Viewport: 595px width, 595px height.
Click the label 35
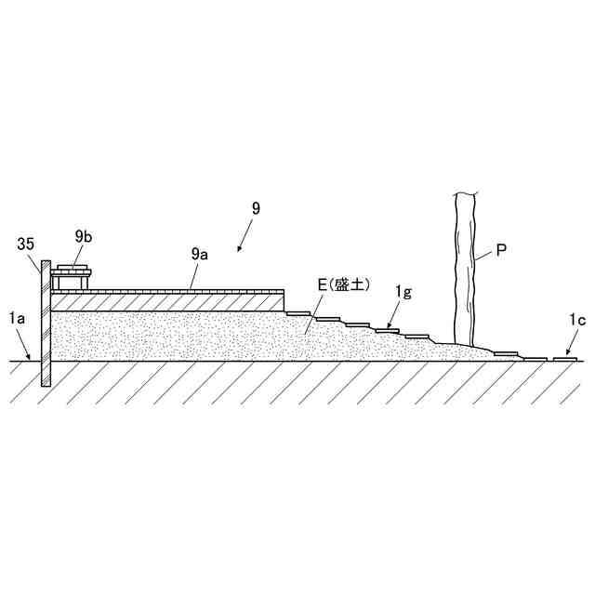click(x=26, y=245)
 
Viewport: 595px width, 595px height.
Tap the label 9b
click(x=84, y=237)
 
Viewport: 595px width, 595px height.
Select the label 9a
click(x=199, y=253)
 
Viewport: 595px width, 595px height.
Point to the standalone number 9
click(x=256, y=208)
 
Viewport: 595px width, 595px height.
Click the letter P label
click(x=501, y=250)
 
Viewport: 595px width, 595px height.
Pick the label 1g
click(x=403, y=293)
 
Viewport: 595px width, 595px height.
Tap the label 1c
click(x=578, y=321)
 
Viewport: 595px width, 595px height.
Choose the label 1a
click(x=17, y=319)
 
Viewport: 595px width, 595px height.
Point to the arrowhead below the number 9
click(x=240, y=249)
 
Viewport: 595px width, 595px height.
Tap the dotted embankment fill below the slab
click(x=186, y=335)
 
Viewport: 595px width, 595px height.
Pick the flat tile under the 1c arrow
click(x=566, y=358)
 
